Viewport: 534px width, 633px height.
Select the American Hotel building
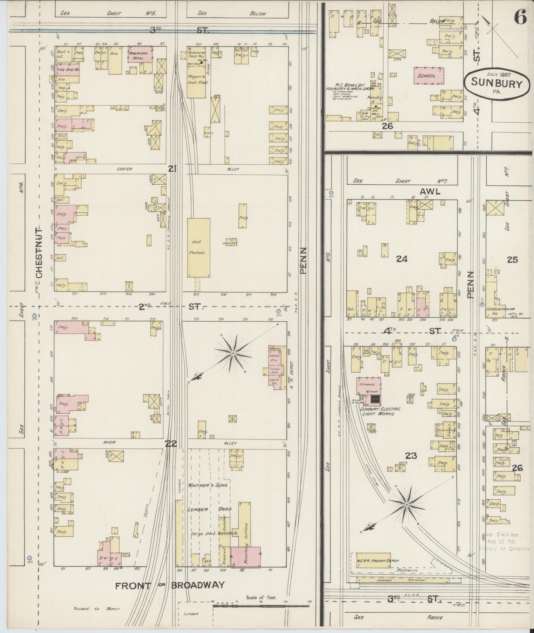coord(140,54)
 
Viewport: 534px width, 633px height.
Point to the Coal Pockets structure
coord(199,247)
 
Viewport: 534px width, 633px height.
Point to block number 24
coord(401,259)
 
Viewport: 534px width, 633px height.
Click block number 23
coord(411,456)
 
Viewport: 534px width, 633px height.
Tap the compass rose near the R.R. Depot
coord(233,353)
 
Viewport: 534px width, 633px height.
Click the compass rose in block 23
coord(406,504)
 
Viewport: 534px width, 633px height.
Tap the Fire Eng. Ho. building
coord(67,69)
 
